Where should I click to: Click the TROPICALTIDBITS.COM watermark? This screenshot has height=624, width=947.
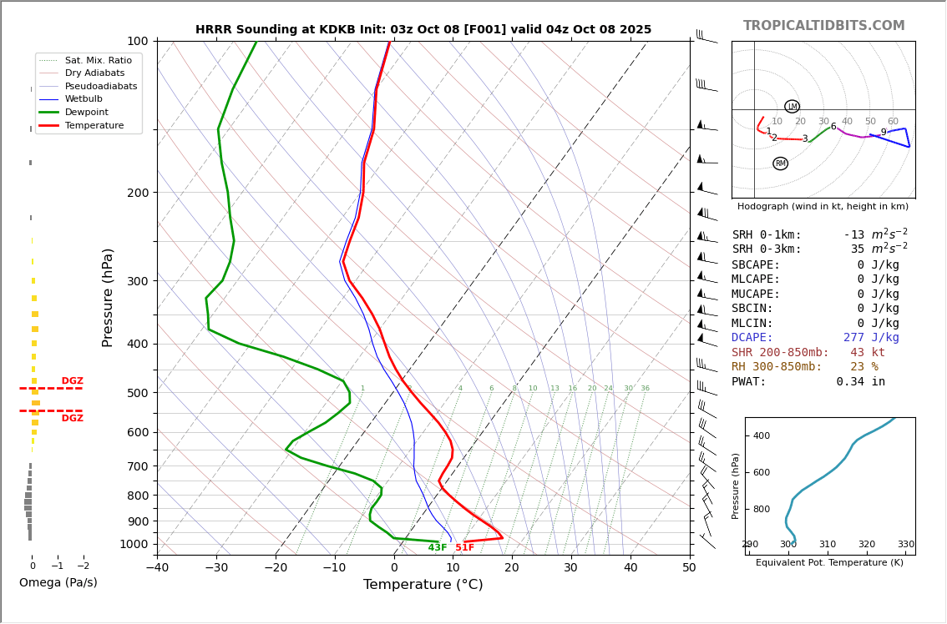823,26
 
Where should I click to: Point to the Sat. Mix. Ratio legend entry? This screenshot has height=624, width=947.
98,60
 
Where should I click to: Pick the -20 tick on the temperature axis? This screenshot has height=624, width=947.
276,568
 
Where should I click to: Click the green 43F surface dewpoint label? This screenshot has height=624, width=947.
438,548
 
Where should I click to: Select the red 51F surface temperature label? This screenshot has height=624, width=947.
464,548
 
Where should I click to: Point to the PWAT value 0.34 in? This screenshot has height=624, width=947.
860,382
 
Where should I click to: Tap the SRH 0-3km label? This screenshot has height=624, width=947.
767,249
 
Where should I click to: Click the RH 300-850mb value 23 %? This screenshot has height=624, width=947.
863,367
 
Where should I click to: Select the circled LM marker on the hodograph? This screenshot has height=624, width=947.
792,106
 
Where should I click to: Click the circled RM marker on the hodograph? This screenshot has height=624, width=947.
780,164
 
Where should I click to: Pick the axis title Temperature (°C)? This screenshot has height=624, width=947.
423,585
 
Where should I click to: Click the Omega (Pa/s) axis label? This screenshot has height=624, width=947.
58,583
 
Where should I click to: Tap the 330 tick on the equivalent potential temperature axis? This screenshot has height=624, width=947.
905,545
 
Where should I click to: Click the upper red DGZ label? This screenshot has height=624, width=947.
72,381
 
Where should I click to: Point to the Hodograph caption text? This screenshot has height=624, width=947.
823,206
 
